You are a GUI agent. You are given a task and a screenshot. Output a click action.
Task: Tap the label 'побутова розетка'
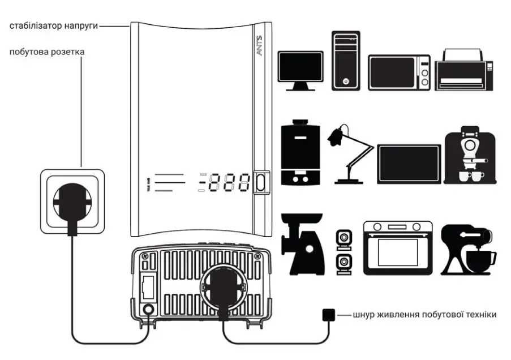47,52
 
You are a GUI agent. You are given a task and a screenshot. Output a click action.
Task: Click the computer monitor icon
300,70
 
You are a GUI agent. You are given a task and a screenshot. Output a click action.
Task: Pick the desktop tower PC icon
346,61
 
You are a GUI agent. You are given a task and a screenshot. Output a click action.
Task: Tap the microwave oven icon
399,72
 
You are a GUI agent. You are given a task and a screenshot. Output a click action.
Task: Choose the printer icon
464,70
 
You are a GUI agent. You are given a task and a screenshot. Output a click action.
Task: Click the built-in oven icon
397,247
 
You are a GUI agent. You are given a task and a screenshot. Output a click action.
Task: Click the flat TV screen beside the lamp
409,164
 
